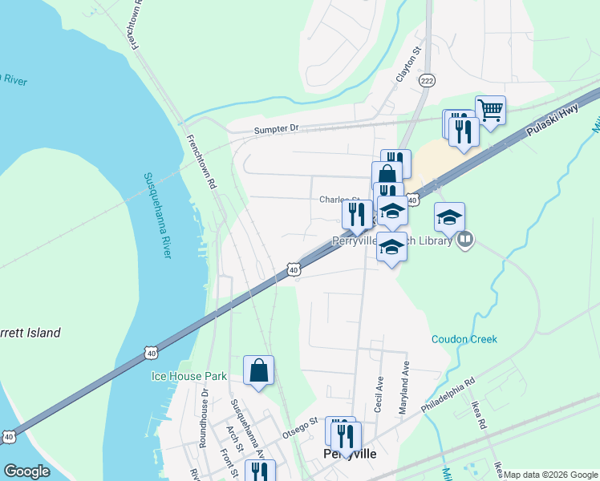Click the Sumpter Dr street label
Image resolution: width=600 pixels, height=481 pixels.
(276, 128)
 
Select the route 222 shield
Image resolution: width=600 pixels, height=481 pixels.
(428, 81)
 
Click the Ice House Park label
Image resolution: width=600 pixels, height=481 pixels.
(189, 376)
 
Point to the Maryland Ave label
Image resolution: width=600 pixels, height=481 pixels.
(406, 388)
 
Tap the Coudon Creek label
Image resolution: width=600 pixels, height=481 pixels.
(464, 339)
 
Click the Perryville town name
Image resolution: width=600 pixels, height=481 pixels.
(350, 454)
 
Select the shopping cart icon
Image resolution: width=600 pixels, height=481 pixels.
(490, 109)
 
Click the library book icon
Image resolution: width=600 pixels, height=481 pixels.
(465, 239)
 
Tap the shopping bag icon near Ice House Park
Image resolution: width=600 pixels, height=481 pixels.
(258, 370)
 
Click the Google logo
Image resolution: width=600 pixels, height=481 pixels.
(26, 471)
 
